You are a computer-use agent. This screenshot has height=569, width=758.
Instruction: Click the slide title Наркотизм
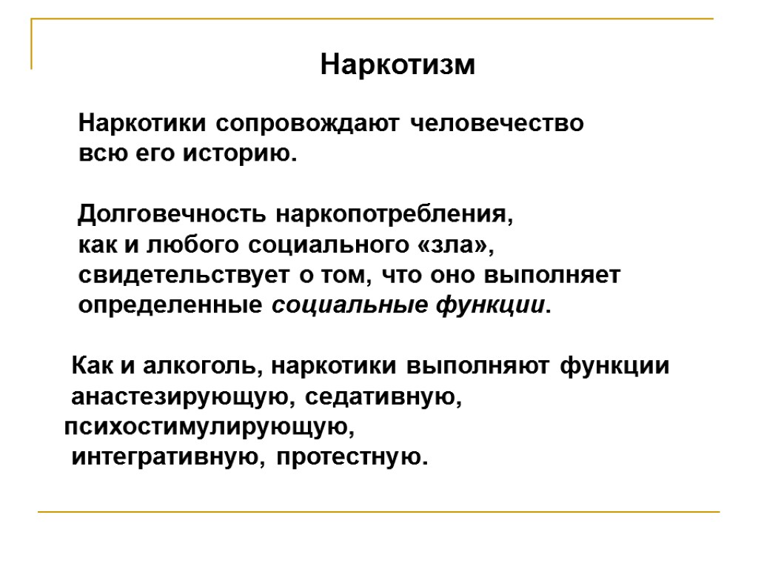click(398, 65)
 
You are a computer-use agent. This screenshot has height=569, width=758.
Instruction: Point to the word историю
click(243, 154)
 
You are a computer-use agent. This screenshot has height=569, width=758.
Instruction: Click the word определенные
click(170, 305)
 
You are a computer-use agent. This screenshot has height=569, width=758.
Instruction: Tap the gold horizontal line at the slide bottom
click(378, 512)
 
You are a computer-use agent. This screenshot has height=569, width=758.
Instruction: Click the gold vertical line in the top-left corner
click(32, 44)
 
